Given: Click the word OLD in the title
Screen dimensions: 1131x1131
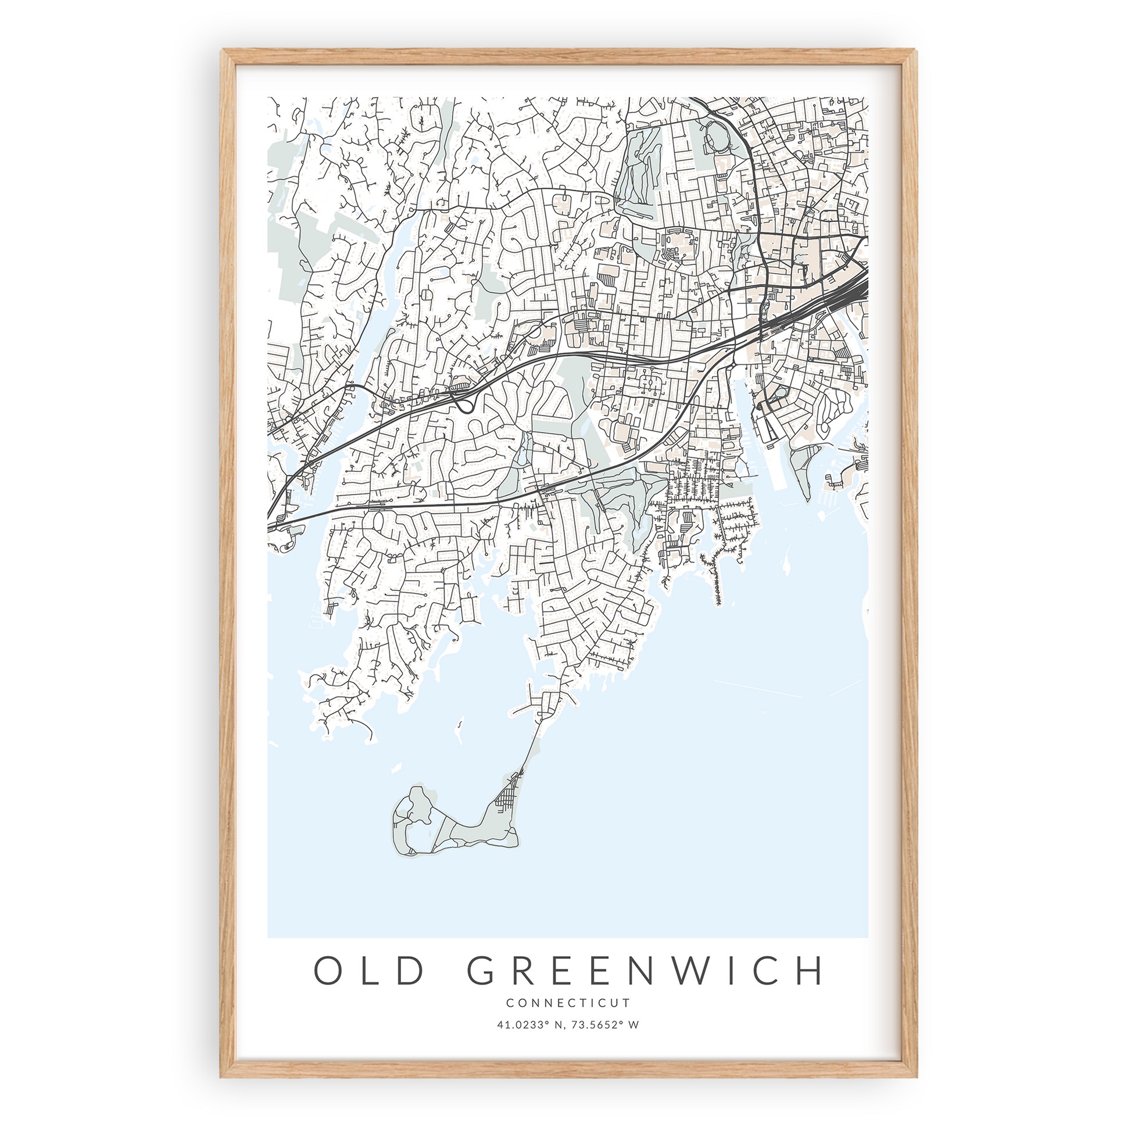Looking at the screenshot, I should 369,971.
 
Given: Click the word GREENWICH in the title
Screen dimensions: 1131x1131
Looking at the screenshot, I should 645,971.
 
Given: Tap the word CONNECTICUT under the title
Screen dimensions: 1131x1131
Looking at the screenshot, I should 568,1003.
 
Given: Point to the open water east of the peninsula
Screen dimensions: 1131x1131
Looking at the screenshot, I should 732,732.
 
